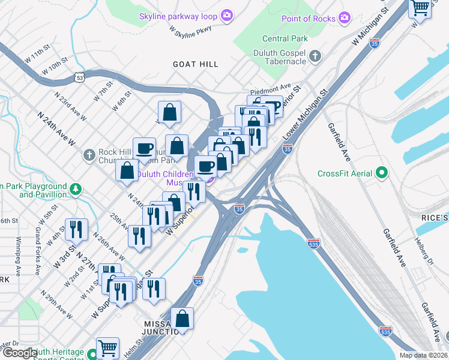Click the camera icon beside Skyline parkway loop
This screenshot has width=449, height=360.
pyautogui.click(x=227, y=15)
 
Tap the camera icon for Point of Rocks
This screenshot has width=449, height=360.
pyautogui.click(x=344, y=18)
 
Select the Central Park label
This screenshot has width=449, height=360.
pyautogui.click(x=285, y=39)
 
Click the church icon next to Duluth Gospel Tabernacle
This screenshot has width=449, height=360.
pyautogui.click(x=315, y=57)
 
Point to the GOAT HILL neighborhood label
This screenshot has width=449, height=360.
pyautogui.click(x=195, y=64)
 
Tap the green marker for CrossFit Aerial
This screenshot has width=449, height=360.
pyautogui.click(x=381, y=174)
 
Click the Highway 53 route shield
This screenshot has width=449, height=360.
pyautogui.click(x=80, y=77)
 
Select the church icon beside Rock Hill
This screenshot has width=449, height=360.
pyautogui.click(x=88, y=156)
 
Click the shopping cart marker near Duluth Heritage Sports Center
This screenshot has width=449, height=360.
pyautogui.click(x=107, y=347)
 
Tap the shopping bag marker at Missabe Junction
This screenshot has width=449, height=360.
pyautogui.click(x=182, y=319)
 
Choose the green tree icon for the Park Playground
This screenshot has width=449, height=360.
pyautogui.click(x=76, y=190)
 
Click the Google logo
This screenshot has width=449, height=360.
pyautogui.click(x=19, y=353)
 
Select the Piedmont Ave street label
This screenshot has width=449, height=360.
pyautogui.click(x=270, y=86)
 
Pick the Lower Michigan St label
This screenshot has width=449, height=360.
pyautogui.click(x=304, y=118)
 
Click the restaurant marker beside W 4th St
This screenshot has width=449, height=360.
pyautogui.click(x=76, y=229)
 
